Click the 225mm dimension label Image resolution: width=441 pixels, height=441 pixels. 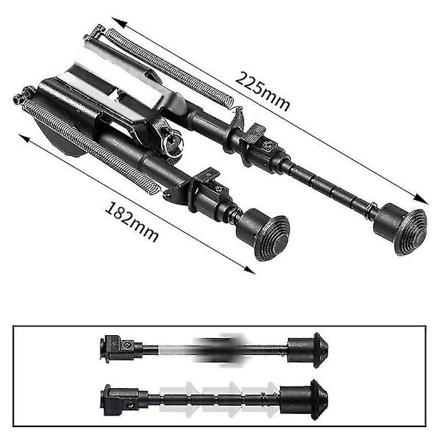(262, 92)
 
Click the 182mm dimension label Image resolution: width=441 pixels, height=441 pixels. (132, 222)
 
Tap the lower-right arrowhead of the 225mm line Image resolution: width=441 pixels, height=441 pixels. (420, 199)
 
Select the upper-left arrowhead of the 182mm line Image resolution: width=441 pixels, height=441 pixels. (25, 138)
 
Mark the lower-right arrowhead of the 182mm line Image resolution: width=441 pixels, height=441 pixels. (248, 270)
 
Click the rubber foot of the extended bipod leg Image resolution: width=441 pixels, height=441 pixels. (401, 229)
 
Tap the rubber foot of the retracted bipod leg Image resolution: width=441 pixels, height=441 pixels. (263, 234)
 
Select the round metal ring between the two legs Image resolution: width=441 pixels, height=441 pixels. (172, 142)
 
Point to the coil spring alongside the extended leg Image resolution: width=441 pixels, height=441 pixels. (169, 68)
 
